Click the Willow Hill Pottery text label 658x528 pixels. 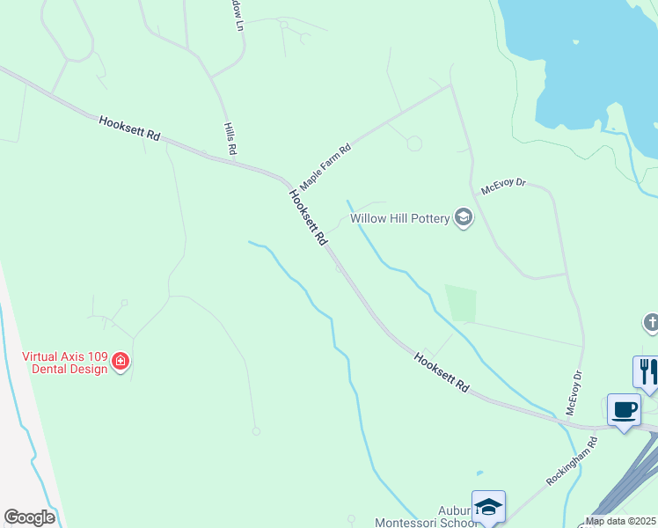pyautogui.click(x=400, y=218)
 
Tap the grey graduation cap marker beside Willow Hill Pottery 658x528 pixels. pyautogui.click(x=464, y=217)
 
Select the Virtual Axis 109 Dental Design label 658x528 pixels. pyautogui.click(x=65, y=363)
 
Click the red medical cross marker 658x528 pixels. pyautogui.click(x=120, y=362)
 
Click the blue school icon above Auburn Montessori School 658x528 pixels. pyautogui.click(x=488, y=507)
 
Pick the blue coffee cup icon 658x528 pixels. pyautogui.click(x=624, y=409)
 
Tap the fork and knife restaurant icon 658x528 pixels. pyautogui.click(x=647, y=370)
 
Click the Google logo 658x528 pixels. pyautogui.click(x=30, y=517)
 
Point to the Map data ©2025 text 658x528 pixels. pyautogui.click(x=619, y=521)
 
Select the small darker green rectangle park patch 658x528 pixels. pyautogui.click(x=461, y=304)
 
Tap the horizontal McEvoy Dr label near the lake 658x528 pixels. pyautogui.click(x=503, y=186)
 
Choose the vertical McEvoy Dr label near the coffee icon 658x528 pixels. pyautogui.click(x=574, y=392)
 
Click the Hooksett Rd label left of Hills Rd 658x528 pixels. pyautogui.click(x=129, y=128)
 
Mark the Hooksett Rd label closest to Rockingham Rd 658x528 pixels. pyautogui.click(x=442, y=372)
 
